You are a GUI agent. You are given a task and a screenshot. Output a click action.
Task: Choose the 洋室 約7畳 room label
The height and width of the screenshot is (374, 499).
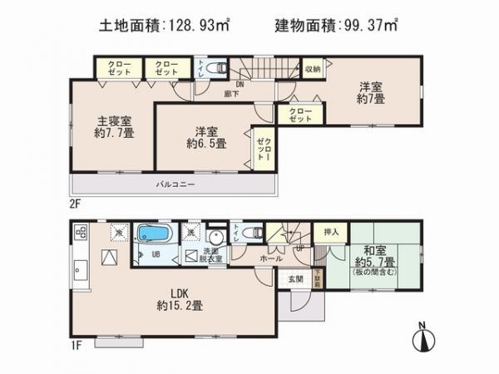click(x=369, y=92)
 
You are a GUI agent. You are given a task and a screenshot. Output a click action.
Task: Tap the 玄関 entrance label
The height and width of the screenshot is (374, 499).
click(x=298, y=279)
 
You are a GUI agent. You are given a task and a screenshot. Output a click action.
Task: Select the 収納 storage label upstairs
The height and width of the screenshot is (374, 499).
click(x=312, y=69)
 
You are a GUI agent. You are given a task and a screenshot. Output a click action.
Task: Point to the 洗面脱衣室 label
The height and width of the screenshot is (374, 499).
click(x=217, y=256)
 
